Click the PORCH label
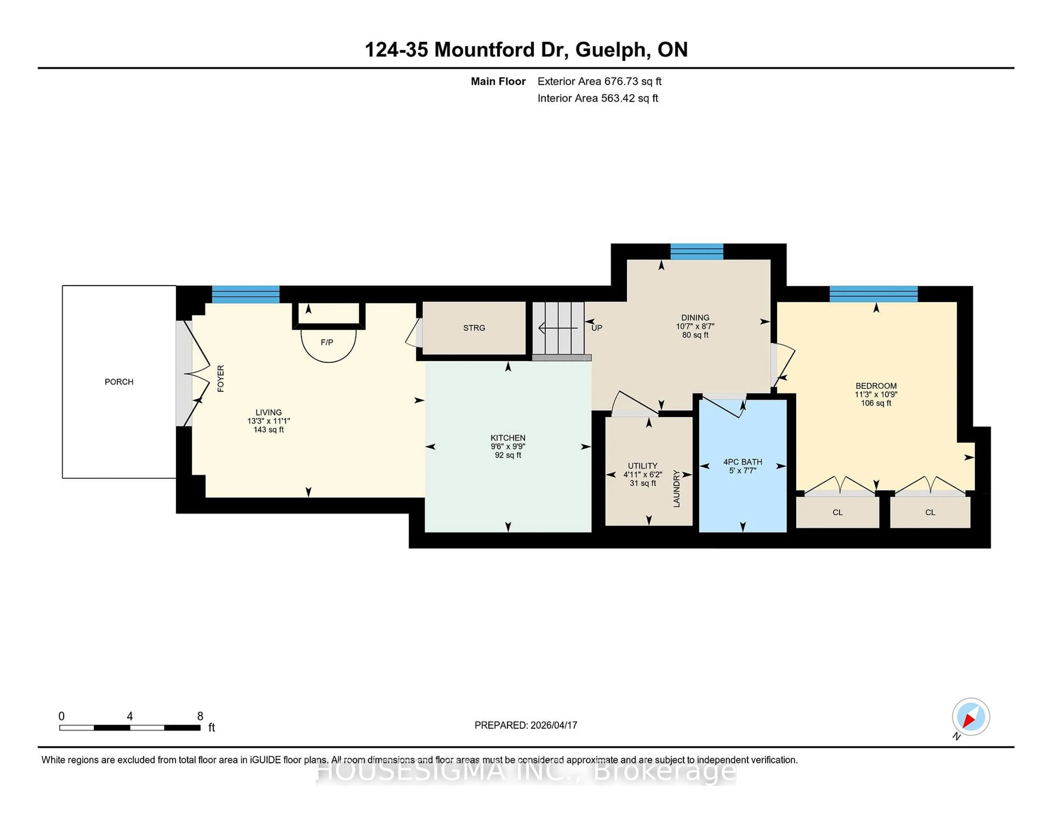(x=119, y=382)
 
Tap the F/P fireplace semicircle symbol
(x=328, y=344)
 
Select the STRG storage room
(x=474, y=328)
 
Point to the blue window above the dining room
(x=696, y=251)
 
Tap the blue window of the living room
(x=246, y=294)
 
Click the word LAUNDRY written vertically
(x=676, y=488)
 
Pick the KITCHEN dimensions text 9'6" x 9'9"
(x=508, y=446)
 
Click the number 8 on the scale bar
(x=200, y=716)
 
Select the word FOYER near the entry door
(x=221, y=379)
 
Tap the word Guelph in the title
(x=610, y=50)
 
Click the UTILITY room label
(x=642, y=466)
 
